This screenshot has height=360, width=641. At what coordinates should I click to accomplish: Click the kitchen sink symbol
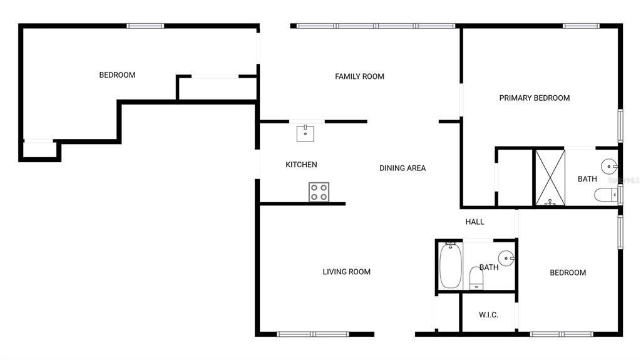click(305, 133)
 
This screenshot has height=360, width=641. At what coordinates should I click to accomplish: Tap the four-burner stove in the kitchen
click(319, 192)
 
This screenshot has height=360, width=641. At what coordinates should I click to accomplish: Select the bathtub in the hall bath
click(451, 265)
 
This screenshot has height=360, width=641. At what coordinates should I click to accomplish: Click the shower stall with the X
click(550, 178)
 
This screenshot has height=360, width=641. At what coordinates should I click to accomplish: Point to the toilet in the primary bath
click(606, 195)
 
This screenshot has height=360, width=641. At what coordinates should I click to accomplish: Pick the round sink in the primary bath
click(609, 167)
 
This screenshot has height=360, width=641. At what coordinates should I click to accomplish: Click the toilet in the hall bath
click(476, 278)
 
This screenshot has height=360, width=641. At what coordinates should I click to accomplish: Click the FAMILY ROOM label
click(359, 76)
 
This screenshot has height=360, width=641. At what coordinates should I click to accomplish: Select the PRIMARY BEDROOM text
click(535, 98)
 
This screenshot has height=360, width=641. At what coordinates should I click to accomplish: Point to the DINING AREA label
click(403, 168)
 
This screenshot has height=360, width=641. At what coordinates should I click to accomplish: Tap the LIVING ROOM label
click(346, 272)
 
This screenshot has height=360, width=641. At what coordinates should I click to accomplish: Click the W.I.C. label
click(488, 314)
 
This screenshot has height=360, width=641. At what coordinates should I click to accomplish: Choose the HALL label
click(474, 222)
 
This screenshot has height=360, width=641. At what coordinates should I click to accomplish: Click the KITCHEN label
click(301, 165)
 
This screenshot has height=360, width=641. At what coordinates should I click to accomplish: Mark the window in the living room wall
click(313, 334)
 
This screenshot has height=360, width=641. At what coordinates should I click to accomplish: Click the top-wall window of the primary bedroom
click(581, 26)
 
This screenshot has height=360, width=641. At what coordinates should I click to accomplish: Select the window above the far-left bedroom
click(145, 26)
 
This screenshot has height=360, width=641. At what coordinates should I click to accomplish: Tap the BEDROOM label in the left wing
click(117, 75)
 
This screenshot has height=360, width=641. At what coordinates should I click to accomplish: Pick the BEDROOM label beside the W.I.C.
click(568, 272)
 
